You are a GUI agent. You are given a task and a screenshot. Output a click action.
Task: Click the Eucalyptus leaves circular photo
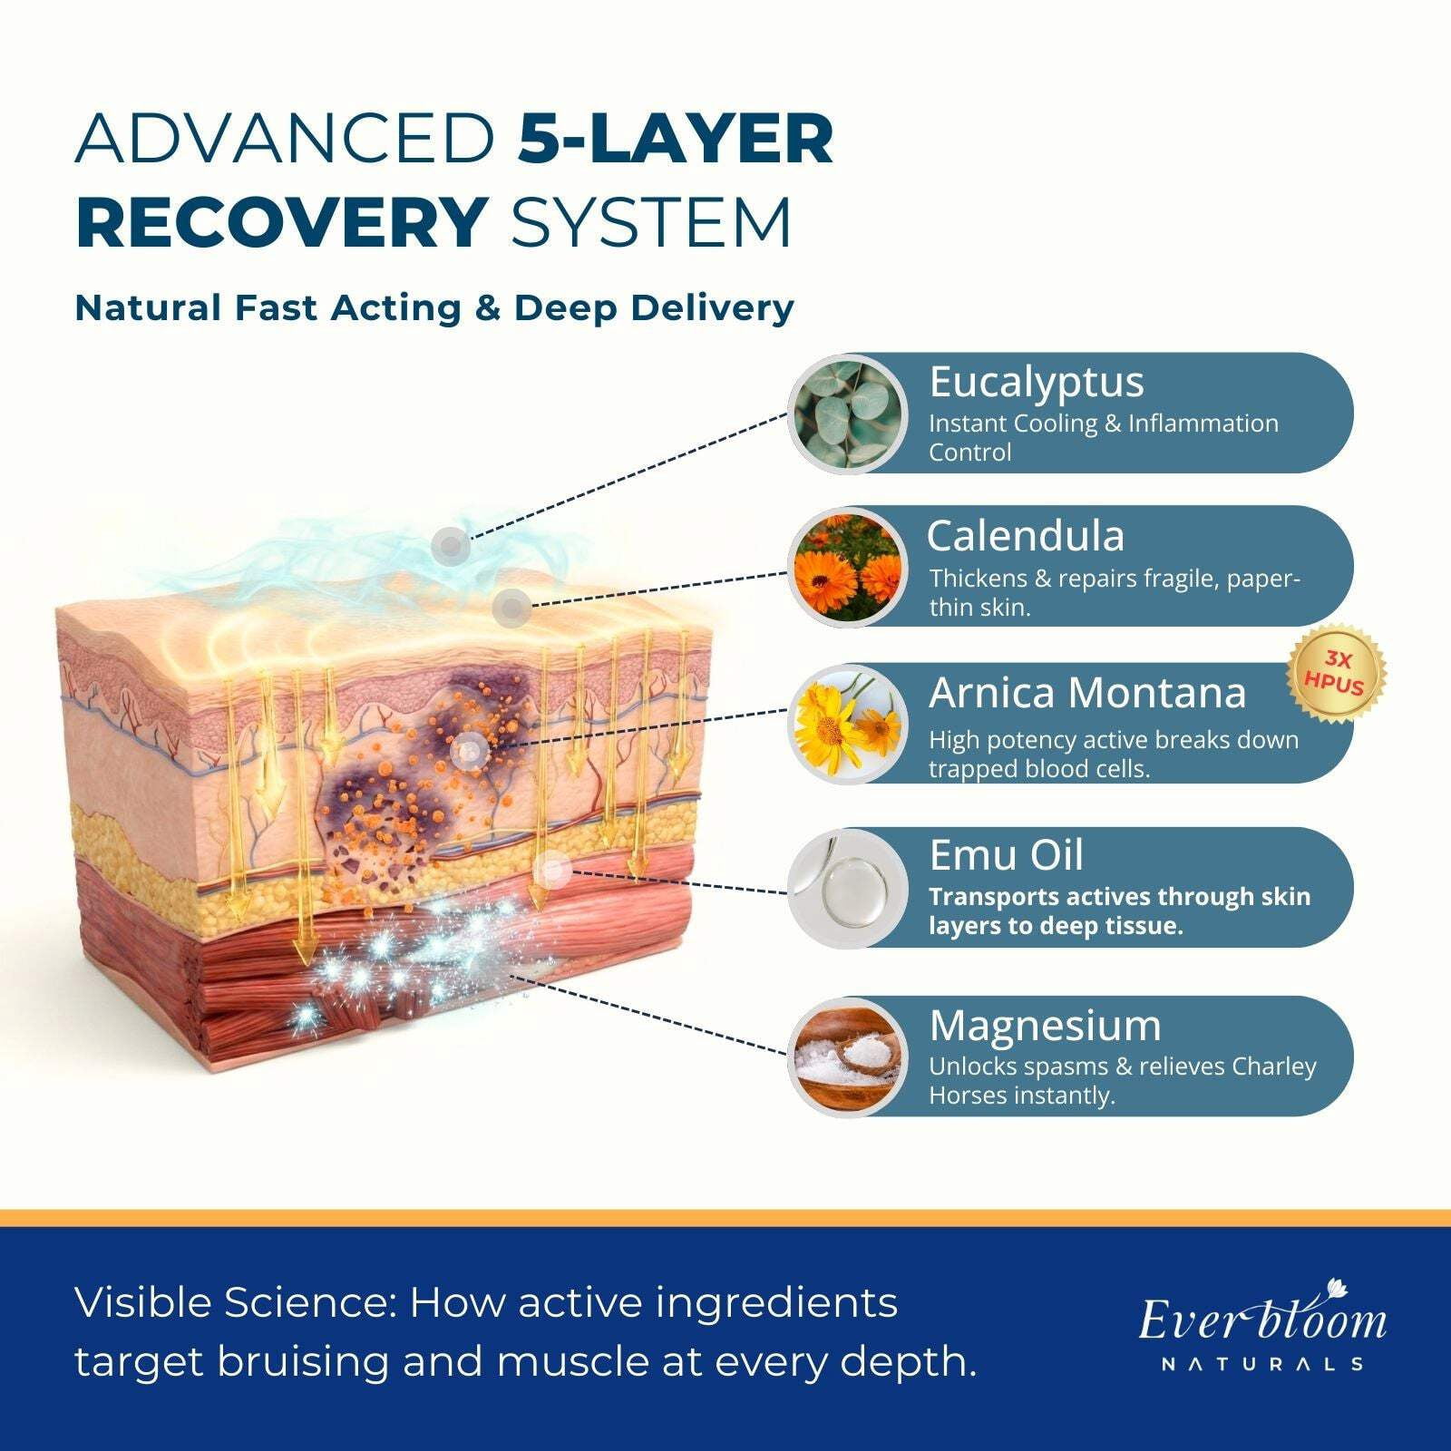coord(849,414)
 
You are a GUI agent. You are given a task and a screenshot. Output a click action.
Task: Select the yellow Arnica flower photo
coord(849,724)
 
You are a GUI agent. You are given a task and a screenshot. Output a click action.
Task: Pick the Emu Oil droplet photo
coord(849,889)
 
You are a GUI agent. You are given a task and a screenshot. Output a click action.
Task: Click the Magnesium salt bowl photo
coord(849,1056)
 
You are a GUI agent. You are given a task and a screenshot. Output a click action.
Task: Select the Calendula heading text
coord(1026,536)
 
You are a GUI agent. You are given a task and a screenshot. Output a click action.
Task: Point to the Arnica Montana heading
coord(1087,694)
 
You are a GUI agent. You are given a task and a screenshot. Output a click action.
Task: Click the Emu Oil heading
coord(1006,855)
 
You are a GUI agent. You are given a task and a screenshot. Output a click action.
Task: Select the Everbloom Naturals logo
coord(1262,1325)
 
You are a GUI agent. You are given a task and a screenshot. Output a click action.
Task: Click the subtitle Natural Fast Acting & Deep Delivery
coord(434,308)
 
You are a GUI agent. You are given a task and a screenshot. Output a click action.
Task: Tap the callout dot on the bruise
coord(470,751)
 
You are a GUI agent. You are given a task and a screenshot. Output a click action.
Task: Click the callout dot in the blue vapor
coord(451,546)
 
